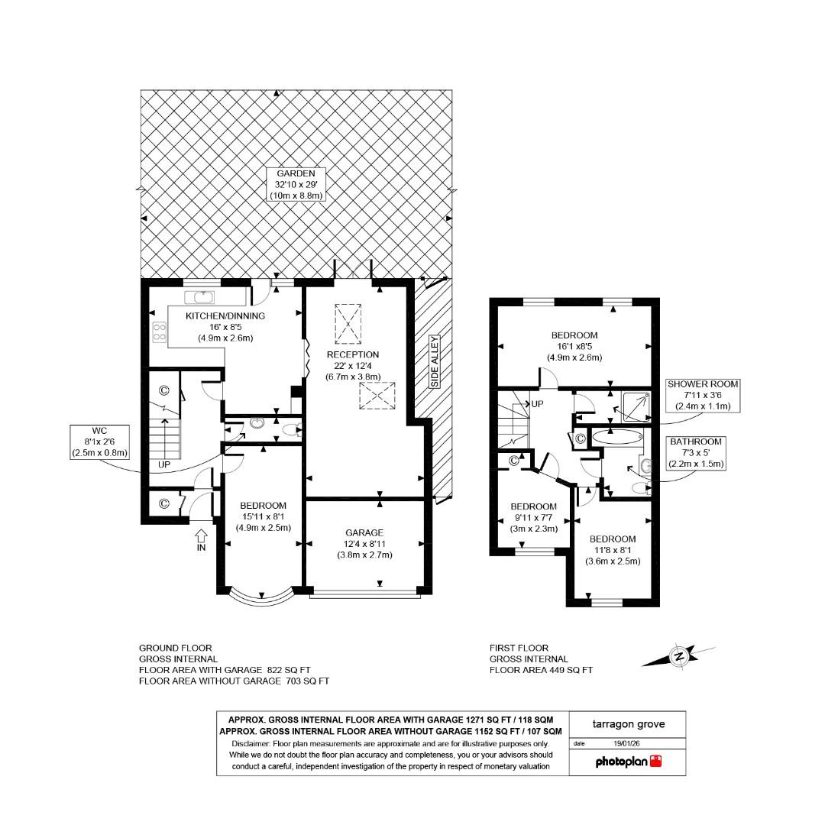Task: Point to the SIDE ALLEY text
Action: click(434, 361)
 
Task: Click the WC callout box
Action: click(100, 441)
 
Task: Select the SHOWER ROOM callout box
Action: click(703, 395)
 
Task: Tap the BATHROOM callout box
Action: click(695, 452)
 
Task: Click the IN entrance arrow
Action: click(201, 538)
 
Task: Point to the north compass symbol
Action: click(678, 655)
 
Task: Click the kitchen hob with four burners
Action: click(160, 332)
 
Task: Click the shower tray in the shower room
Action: click(637, 406)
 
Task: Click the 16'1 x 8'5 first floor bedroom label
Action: click(574, 346)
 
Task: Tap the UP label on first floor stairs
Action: click(536, 403)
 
